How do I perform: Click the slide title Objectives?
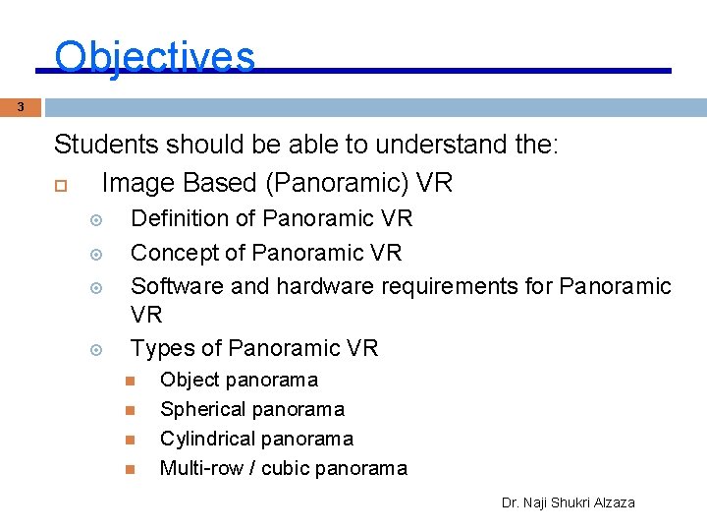(x=154, y=57)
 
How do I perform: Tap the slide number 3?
(x=21, y=107)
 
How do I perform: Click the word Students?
(x=106, y=146)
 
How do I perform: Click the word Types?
(x=162, y=348)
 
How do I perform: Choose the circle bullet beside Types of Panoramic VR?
(x=96, y=350)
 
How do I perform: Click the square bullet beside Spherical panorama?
(x=128, y=410)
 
